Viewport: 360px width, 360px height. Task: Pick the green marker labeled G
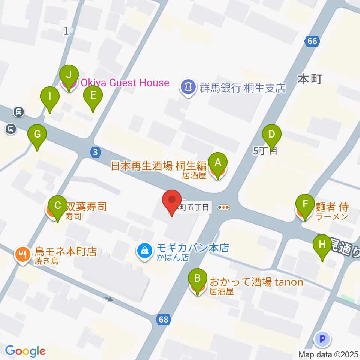[37, 134]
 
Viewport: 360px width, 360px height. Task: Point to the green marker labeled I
[50, 96]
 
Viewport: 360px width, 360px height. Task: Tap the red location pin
[172, 199]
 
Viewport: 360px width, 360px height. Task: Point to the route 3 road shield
[96, 152]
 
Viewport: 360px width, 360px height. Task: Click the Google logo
[25, 351]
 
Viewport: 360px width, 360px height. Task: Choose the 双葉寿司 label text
[86, 206]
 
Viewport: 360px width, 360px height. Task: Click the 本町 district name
[310, 79]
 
